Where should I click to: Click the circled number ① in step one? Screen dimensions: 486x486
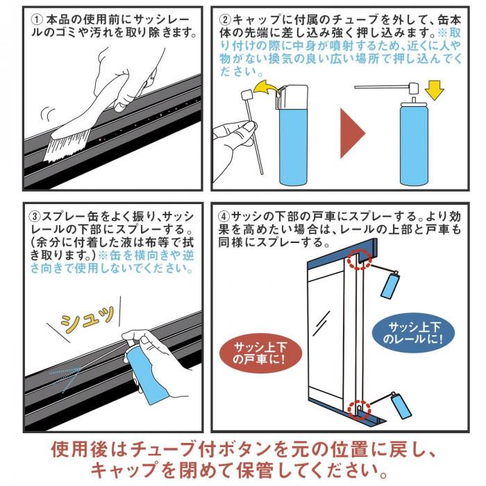[x=37, y=20]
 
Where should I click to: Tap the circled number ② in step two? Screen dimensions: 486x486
[x=225, y=20]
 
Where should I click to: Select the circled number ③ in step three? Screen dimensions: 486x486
[x=35, y=216]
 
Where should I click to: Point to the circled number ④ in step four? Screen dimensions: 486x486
[x=224, y=216]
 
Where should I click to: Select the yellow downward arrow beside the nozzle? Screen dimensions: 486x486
[x=434, y=90]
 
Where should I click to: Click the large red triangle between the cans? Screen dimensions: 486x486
[x=352, y=133]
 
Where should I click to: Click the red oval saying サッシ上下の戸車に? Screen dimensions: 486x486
[x=260, y=353]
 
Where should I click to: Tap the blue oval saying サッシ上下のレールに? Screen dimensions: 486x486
[x=413, y=333]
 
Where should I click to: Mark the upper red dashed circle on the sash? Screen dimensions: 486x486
[x=359, y=259]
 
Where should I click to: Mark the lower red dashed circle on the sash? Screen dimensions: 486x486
[x=359, y=410]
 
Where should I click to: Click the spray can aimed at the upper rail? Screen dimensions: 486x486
[x=389, y=284]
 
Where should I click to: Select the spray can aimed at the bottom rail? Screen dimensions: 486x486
[x=401, y=405]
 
